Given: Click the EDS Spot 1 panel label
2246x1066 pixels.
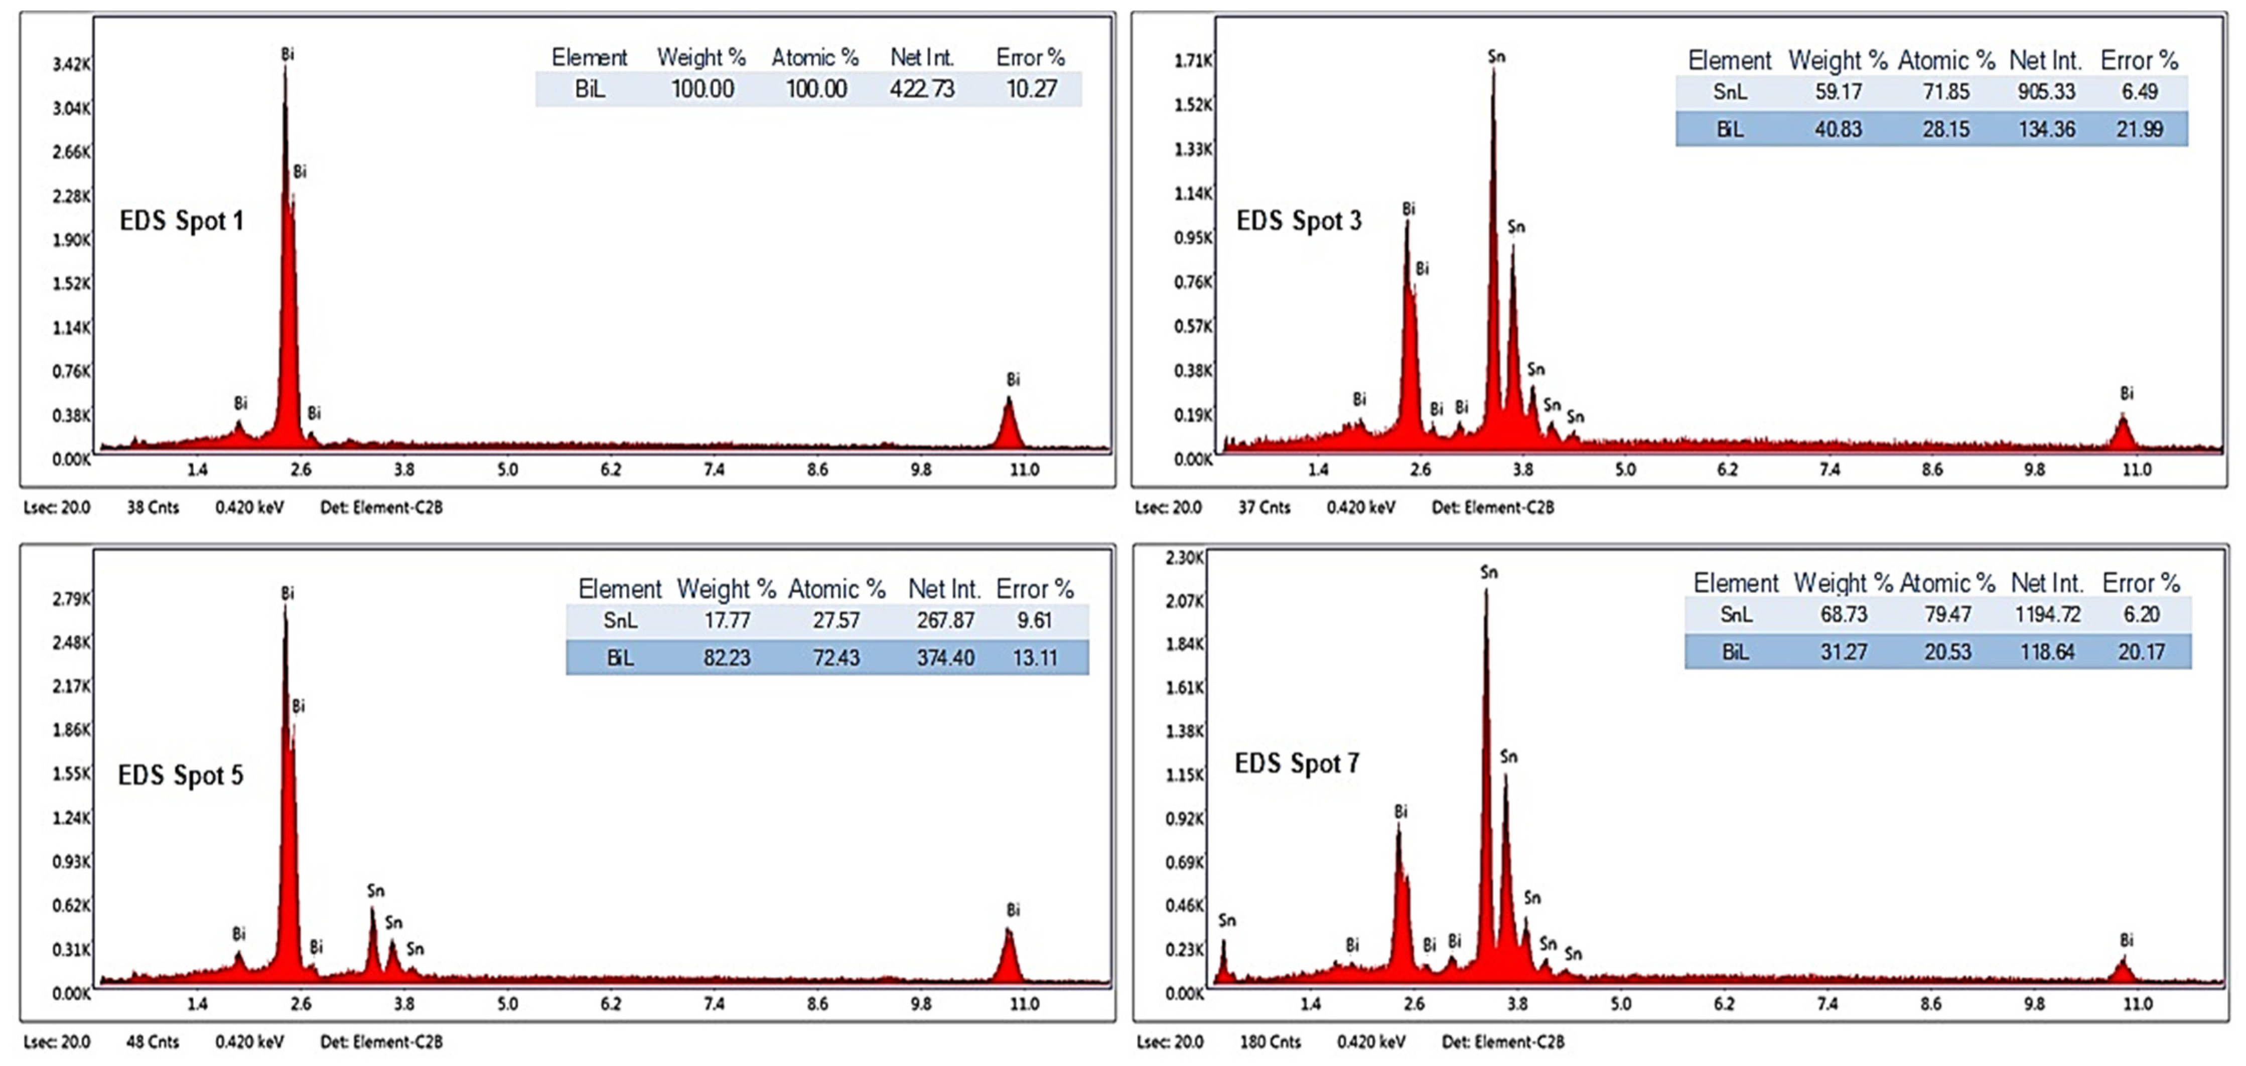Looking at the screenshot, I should (x=181, y=221).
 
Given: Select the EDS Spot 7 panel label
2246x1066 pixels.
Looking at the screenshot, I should (x=1297, y=764).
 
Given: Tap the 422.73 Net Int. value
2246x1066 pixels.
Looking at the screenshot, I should (x=922, y=89).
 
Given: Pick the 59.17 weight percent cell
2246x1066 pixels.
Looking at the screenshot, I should (x=1838, y=91).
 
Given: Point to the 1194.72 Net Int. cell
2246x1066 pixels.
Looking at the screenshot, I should (x=2047, y=615).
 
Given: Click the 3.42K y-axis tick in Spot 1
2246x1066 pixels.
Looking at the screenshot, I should (x=71, y=64).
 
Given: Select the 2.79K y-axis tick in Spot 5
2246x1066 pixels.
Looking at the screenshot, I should (x=71, y=599).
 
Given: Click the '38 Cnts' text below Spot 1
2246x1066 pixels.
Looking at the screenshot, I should (x=153, y=507).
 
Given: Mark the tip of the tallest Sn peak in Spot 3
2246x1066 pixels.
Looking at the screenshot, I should (x=1493, y=70).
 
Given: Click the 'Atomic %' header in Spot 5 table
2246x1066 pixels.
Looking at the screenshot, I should (x=836, y=589).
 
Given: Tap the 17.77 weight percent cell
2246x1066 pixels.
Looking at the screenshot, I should (x=726, y=621).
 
